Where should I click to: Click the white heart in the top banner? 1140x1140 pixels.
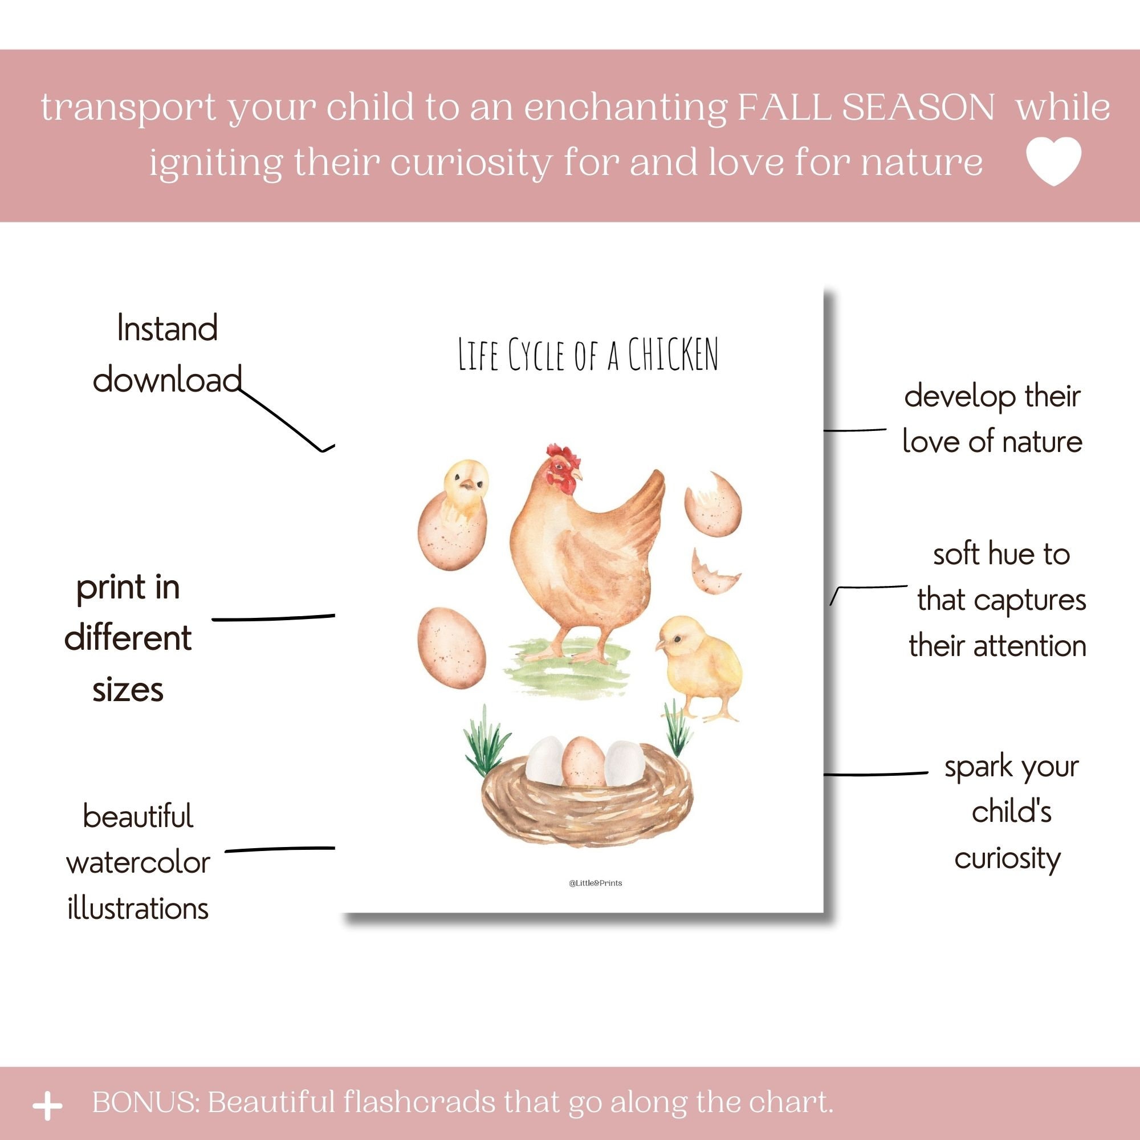point(1053,161)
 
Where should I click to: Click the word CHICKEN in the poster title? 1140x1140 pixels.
point(673,355)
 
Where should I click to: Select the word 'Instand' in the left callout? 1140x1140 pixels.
point(168,328)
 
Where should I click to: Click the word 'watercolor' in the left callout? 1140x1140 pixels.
point(138,863)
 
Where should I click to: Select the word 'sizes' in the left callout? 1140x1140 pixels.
point(128,690)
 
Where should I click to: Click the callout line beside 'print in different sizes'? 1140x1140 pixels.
point(273,618)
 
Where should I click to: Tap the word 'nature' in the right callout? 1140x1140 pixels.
point(1042,442)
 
